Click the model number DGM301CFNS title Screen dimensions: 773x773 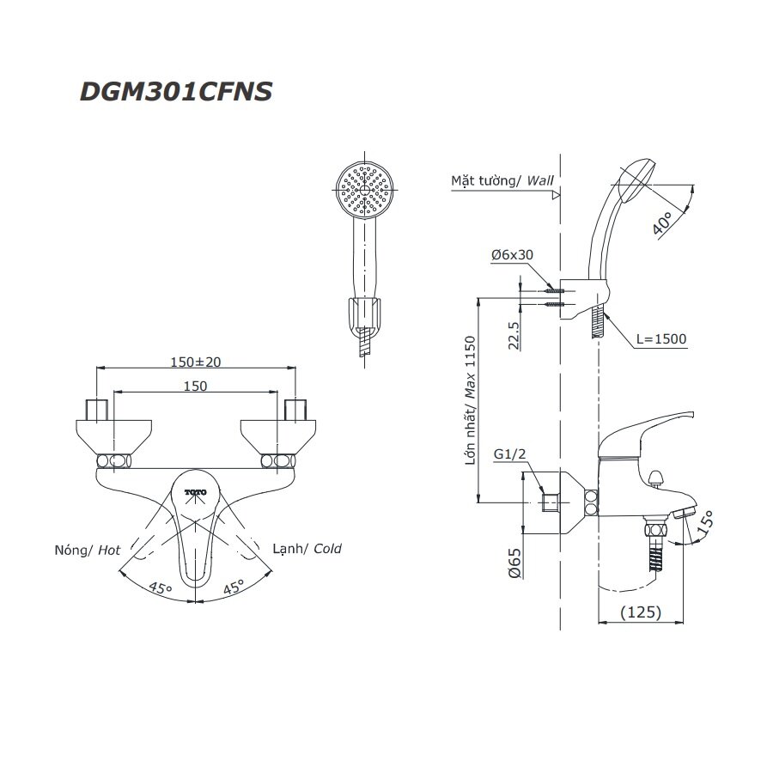(x=176, y=91)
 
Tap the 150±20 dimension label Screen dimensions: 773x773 (x=195, y=361)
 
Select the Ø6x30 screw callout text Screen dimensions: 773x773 (x=513, y=255)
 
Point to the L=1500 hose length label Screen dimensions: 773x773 (x=661, y=339)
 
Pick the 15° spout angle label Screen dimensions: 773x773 (x=705, y=524)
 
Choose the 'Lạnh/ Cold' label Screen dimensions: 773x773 (x=307, y=548)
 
